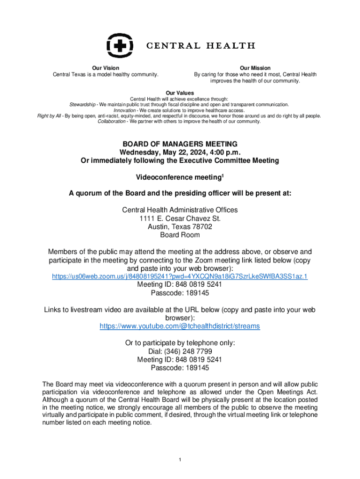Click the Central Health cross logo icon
tap(120, 46)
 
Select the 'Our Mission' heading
tap(255, 68)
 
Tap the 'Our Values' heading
tap(180, 93)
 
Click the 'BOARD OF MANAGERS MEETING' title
tap(180, 144)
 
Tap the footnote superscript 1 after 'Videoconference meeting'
tap(223, 176)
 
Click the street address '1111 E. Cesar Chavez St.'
tap(180, 218)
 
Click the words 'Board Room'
tap(180, 235)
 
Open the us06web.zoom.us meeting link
tap(180, 277)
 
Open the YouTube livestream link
tap(180, 326)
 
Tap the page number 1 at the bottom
tap(180, 460)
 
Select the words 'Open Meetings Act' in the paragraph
tap(287, 392)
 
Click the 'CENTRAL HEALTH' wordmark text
tap(201, 46)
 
